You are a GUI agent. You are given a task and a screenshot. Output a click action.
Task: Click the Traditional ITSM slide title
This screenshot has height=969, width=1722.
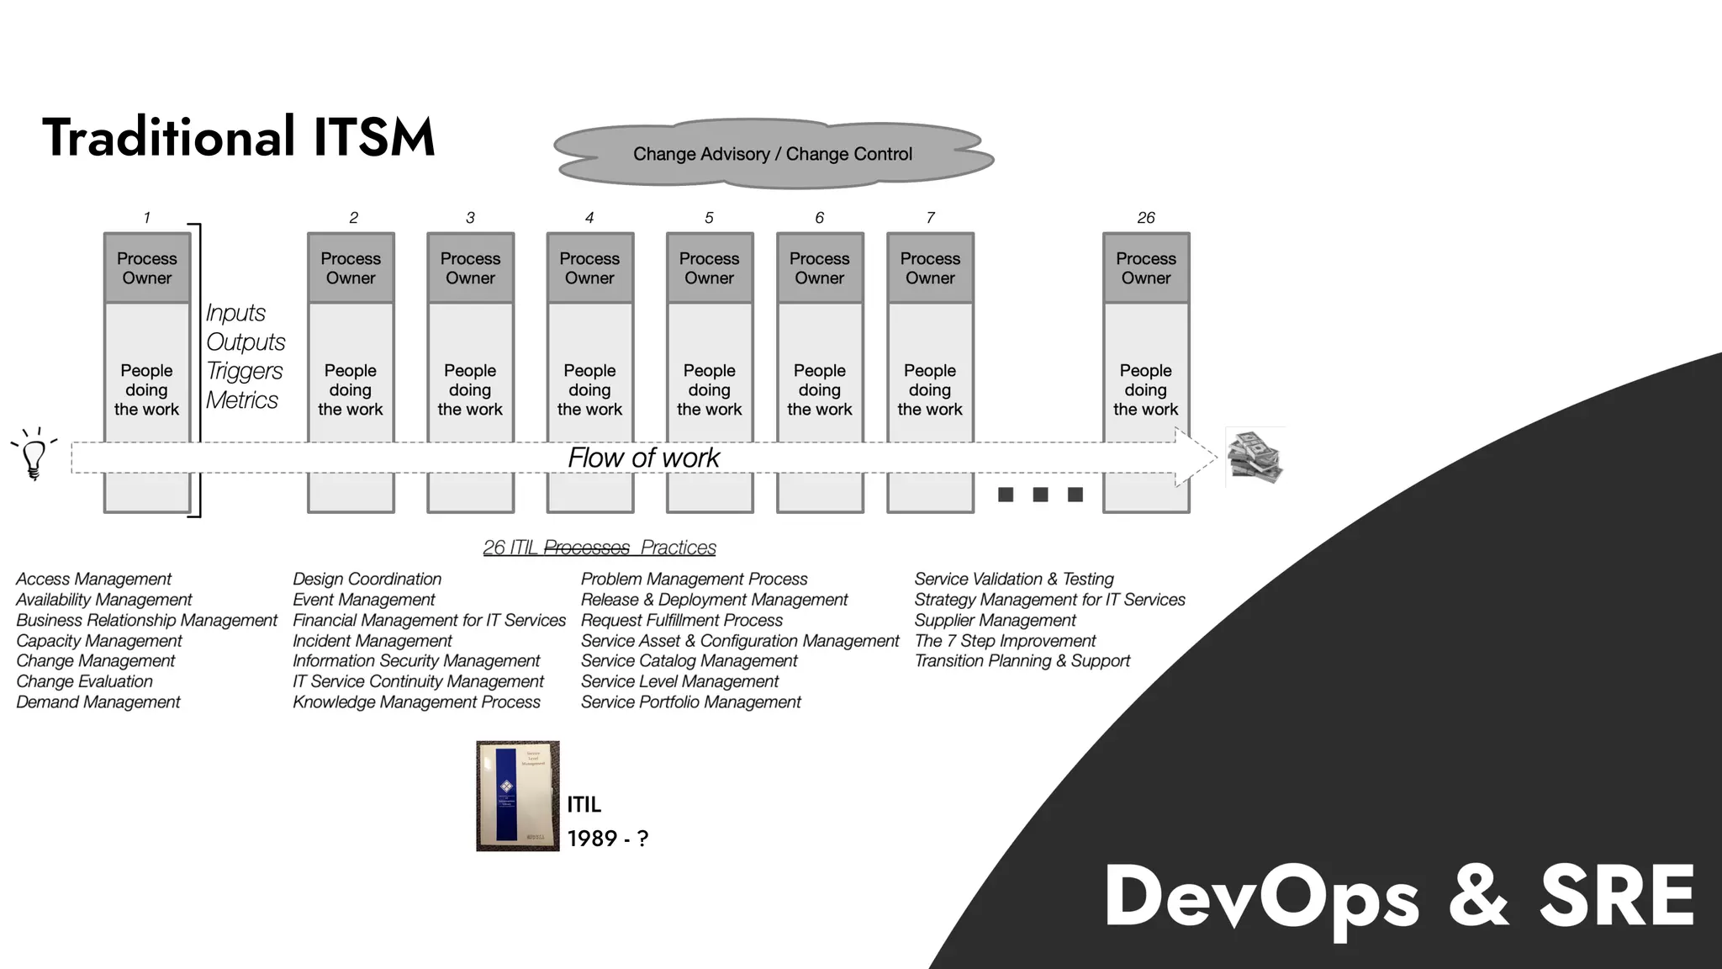[239, 137]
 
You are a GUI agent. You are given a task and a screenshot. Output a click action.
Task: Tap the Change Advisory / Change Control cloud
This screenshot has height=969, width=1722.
[773, 154]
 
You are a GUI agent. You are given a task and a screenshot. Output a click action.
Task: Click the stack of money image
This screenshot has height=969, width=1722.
[1255, 457]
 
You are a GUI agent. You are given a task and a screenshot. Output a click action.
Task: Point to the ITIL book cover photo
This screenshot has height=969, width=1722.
[517, 796]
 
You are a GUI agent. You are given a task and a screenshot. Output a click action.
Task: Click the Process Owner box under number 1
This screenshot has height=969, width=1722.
[147, 268]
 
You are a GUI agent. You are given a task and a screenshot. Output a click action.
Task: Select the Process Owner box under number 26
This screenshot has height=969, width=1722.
[1146, 268]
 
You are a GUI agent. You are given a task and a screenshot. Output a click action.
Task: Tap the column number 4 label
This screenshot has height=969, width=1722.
[589, 218]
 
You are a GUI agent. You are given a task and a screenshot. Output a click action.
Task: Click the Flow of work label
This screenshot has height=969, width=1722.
[643, 458]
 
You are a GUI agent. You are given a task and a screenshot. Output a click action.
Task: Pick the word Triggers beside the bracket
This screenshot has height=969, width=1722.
[245, 371]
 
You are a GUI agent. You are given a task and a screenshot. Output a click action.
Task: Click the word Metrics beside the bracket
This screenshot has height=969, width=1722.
[242, 400]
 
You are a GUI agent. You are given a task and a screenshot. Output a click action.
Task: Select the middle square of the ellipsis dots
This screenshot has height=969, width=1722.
[1040, 495]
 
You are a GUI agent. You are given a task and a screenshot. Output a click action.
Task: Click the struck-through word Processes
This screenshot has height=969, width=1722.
[586, 548]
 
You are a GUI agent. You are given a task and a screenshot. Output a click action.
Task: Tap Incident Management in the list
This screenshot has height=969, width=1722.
[372, 641]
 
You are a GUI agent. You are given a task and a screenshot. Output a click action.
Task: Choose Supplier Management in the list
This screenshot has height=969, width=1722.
[995, 621]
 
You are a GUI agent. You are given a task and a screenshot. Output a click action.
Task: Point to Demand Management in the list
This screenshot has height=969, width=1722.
[98, 702]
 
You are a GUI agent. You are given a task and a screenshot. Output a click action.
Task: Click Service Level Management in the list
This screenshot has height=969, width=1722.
[679, 682]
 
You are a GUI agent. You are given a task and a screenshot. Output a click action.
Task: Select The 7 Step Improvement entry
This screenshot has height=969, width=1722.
[1005, 641]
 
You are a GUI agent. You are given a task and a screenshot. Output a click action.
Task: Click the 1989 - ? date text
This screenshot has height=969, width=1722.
[607, 839]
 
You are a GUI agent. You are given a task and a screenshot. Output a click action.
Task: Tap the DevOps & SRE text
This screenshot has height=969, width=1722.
[1399, 897]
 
